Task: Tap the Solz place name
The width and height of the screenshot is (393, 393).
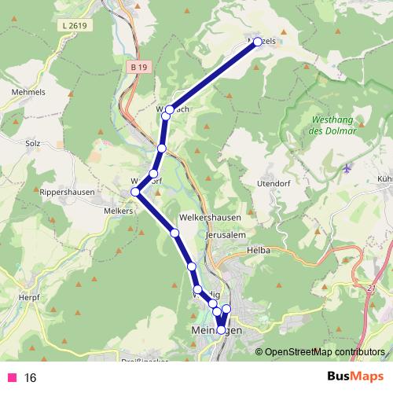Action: (x=32, y=144)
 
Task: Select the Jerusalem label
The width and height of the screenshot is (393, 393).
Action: (x=225, y=234)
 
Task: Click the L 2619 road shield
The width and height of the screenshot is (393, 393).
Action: (x=76, y=25)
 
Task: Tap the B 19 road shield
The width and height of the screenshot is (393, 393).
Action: (x=139, y=68)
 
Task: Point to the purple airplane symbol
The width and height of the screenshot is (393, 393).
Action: (x=348, y=169)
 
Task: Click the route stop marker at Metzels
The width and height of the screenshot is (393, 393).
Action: (x=257, y=42)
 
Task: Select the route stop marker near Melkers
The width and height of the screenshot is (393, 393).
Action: (x=136, y=192)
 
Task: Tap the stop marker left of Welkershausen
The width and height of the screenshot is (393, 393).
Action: (x=174, y=233)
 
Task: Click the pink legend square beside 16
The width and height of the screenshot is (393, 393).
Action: (x=12, y=378)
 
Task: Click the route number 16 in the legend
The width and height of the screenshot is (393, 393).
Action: (x=31, y=378)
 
